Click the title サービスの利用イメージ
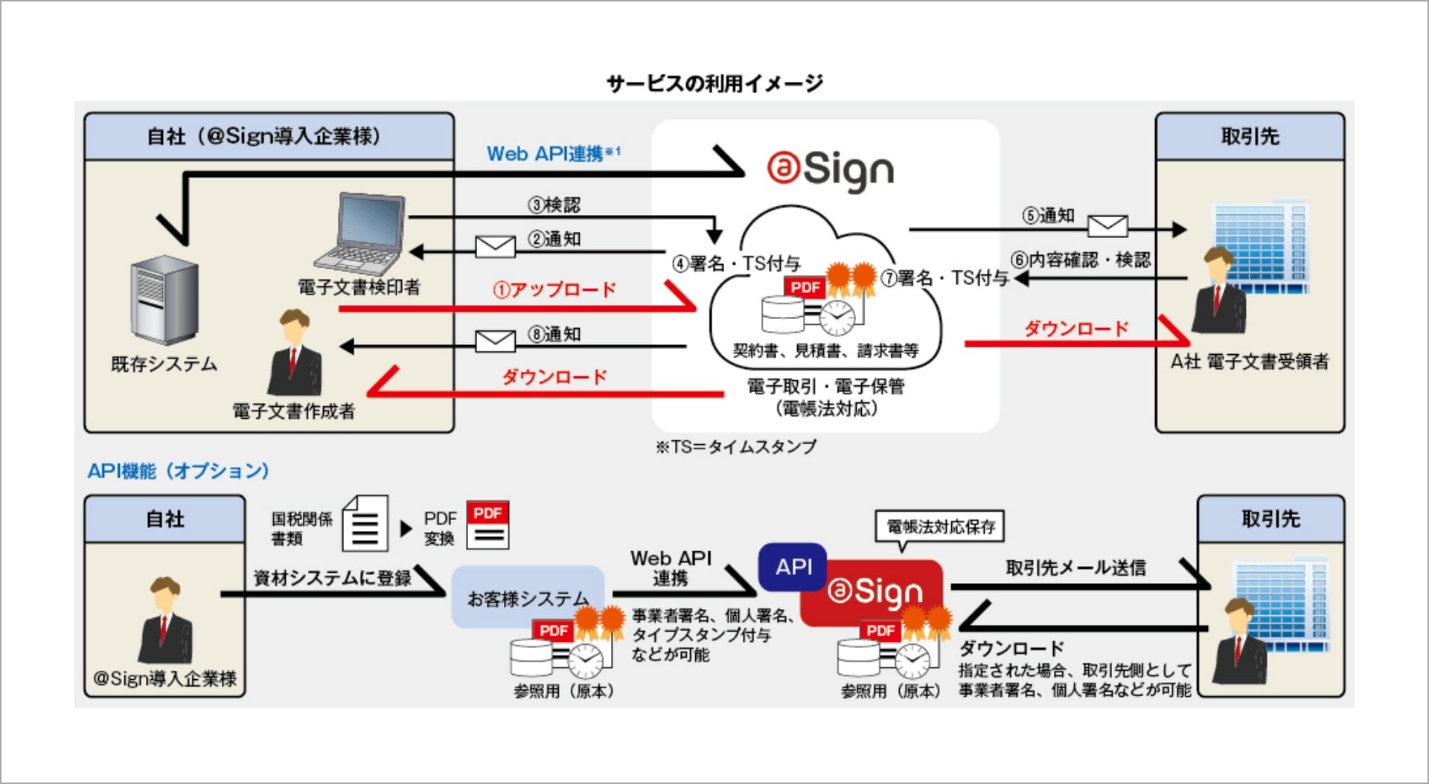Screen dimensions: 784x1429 click(x=714, y=83)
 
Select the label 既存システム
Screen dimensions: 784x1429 click(x=164, y=364)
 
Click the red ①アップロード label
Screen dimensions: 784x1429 click(x=554, y=289)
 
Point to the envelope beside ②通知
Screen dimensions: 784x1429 click(x=495, y=246)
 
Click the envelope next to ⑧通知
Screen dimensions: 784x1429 click(x=495, y=341)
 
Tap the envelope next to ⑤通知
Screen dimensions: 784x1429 click(x=1107, y=225)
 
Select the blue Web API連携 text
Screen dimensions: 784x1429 click(x=552, y=154)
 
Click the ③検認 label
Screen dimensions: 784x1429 click(x=554, y=205)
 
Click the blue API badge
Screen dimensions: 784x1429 click(x=793, y=567)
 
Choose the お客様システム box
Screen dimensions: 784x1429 click(x=528, y=597)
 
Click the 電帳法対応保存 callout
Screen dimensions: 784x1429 click(x=941, y=527)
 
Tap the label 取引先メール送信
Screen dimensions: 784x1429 click(x=1075, y=568)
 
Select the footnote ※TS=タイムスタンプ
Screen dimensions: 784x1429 click(x=735, y=446)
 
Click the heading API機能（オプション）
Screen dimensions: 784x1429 click(x=179, y=471)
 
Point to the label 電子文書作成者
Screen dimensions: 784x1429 click(x=293, y=411)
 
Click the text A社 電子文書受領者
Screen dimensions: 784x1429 click(x=1250, y=362)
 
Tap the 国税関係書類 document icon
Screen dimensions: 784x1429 click(x=365, y=524)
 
